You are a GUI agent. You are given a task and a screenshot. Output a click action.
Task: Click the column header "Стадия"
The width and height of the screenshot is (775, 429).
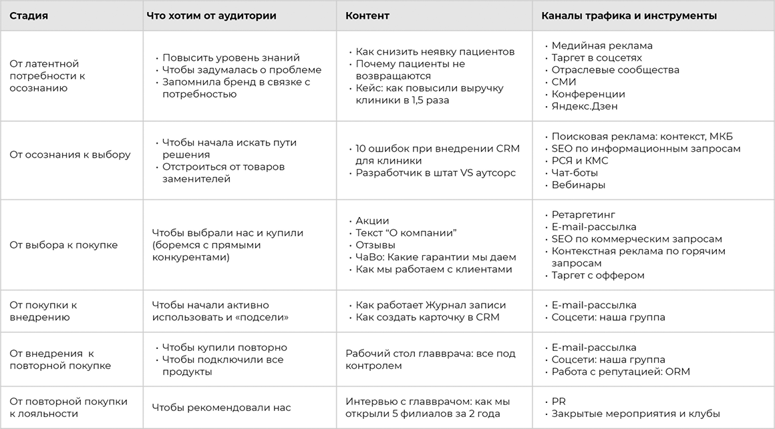pyautogui.click(x=29, y=15)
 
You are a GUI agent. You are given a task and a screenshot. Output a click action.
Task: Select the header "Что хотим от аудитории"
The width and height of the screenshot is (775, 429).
pyautogui.click(x=211, y=15)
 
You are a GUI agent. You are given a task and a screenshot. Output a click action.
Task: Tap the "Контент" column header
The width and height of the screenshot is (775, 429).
pyautogui.click(x=367, y=15)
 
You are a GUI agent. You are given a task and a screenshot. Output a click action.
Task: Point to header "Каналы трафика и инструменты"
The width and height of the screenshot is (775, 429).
pyautogui.click(x=629, y=15)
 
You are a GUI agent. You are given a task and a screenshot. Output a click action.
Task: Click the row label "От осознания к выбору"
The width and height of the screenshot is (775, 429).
pyautogui.click(x=70, y=155)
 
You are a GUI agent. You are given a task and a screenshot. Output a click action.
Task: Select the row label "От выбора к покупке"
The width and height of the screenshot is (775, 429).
pyautogui.click(x=63, y=245)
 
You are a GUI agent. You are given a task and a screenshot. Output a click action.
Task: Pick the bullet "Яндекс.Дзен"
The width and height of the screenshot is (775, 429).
pyautogui.click(x=585, y=106)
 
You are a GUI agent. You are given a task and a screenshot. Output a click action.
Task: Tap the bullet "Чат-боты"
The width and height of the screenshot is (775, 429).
pyautogui.click(x=575, y=172)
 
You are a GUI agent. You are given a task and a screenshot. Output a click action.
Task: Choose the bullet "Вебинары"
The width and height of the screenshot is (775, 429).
pyautogui.click(x=579, y=184)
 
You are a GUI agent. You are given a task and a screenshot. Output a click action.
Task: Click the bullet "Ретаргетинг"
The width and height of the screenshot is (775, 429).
pyautogui.click(x=583, y=214)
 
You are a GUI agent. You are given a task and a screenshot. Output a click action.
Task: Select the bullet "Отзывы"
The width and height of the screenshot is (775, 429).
pyautogui.click(x=373, y=245)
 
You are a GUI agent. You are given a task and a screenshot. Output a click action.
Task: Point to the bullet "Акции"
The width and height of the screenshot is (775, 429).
pyautogui.click(x=372, y=221)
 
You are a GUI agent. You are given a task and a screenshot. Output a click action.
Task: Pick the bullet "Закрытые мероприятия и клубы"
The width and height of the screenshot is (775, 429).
pyautogui.click(x=635, y=414)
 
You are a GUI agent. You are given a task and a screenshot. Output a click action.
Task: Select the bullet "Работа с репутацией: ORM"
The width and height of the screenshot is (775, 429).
pyautogui.click(x=621, y=372)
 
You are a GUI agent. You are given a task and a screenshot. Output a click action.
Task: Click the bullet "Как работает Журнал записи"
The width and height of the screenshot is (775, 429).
pyautogui.click(x=431, y=305)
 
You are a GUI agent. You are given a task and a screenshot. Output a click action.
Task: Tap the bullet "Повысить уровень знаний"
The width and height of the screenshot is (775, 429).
pyautogui.click(x=231, y=58)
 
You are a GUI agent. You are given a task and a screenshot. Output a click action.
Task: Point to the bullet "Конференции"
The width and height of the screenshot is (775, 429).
pyautogui.click(x=588, y=94)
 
